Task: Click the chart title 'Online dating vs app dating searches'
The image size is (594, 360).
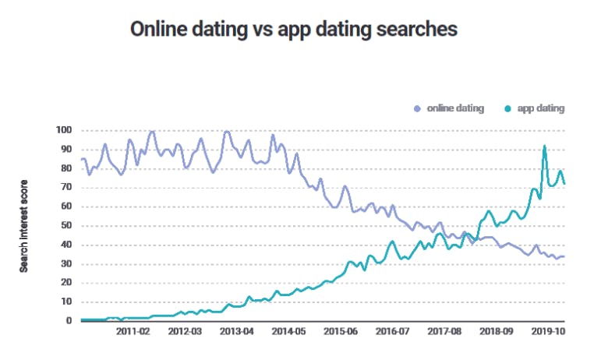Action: pyautogui.click(x=293, y=29)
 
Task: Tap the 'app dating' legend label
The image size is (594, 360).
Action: pyautogui.click(x=539, y=108)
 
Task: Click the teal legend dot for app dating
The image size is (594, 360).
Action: pyautogui.click(x=507, y=108)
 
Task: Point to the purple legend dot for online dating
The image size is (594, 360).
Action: pyautogui.click(x=417, y=108)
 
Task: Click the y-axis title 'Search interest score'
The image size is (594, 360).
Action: pyautogui.click(x=24, y=224)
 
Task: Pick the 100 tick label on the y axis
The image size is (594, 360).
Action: pyautogui.click(x=64, y=130)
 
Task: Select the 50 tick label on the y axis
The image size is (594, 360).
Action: pyautogui.click(x=66, y=225)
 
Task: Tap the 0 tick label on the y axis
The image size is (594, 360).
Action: pyautogui.click(x=69, y=320)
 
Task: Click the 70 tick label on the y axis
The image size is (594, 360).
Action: pyautogui.click(x=66, y=187)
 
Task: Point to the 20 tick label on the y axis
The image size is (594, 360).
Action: pyautogui.click(x=66, y=282)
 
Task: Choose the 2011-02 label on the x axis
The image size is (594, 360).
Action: pyautogui.click(x=133, y=331)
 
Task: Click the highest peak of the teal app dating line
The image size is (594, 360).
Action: pyautogui.click(x=544, y=146)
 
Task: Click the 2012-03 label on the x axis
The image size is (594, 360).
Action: pyautogui.click(x=184, y=331)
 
